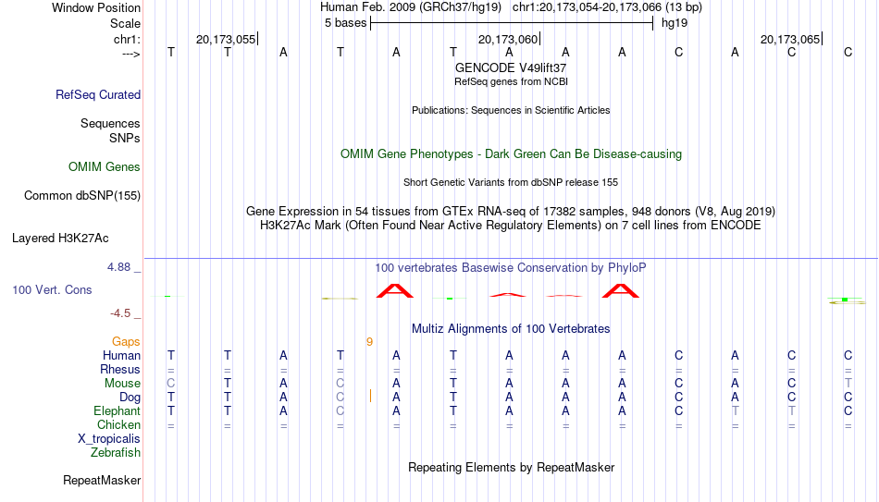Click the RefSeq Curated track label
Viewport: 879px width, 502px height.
(x=98, y=94)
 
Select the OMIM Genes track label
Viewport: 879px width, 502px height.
(x=105, y=167)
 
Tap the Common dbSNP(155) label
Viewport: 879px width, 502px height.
(x=82, y=196)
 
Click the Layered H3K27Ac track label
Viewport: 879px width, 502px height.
(x=60, y=239)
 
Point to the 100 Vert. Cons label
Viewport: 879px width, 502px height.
(x=52, y=289)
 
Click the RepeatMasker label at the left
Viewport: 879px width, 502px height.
(x=102, y=480)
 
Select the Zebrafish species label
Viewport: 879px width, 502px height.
(x=116, y=453)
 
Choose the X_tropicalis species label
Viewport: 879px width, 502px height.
(x=109, y=439)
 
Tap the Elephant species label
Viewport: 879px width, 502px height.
(x=117, y=410)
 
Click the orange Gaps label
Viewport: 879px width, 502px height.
(x=126, y=342)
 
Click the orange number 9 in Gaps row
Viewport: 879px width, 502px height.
(x=369, y=342)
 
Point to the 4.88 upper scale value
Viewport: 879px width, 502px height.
(x=118, y=267)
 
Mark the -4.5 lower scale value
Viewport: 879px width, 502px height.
(x=120, y=313)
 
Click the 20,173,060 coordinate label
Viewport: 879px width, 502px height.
(x=508, y=39)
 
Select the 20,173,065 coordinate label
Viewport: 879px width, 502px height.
(x=790, y=39)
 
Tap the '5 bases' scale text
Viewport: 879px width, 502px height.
(x=345, y=23)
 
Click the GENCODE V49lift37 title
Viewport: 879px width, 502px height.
(x=511, y=67)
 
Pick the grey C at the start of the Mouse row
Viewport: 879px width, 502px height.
(x=171, y=384)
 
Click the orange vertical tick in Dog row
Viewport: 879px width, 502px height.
(x=370, y=396)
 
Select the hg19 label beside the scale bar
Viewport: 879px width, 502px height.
(x=675, y=23)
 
